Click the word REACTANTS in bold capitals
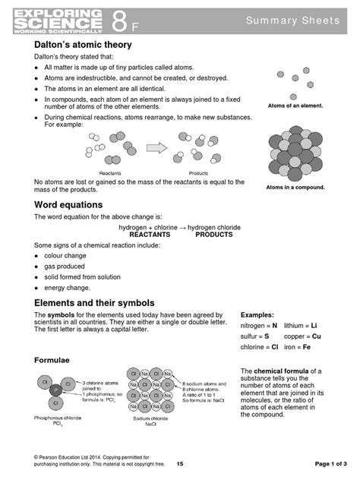[150, 235]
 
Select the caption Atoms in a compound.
[295, 187]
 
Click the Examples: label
[259, 314]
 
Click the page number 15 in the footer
[180, 463]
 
